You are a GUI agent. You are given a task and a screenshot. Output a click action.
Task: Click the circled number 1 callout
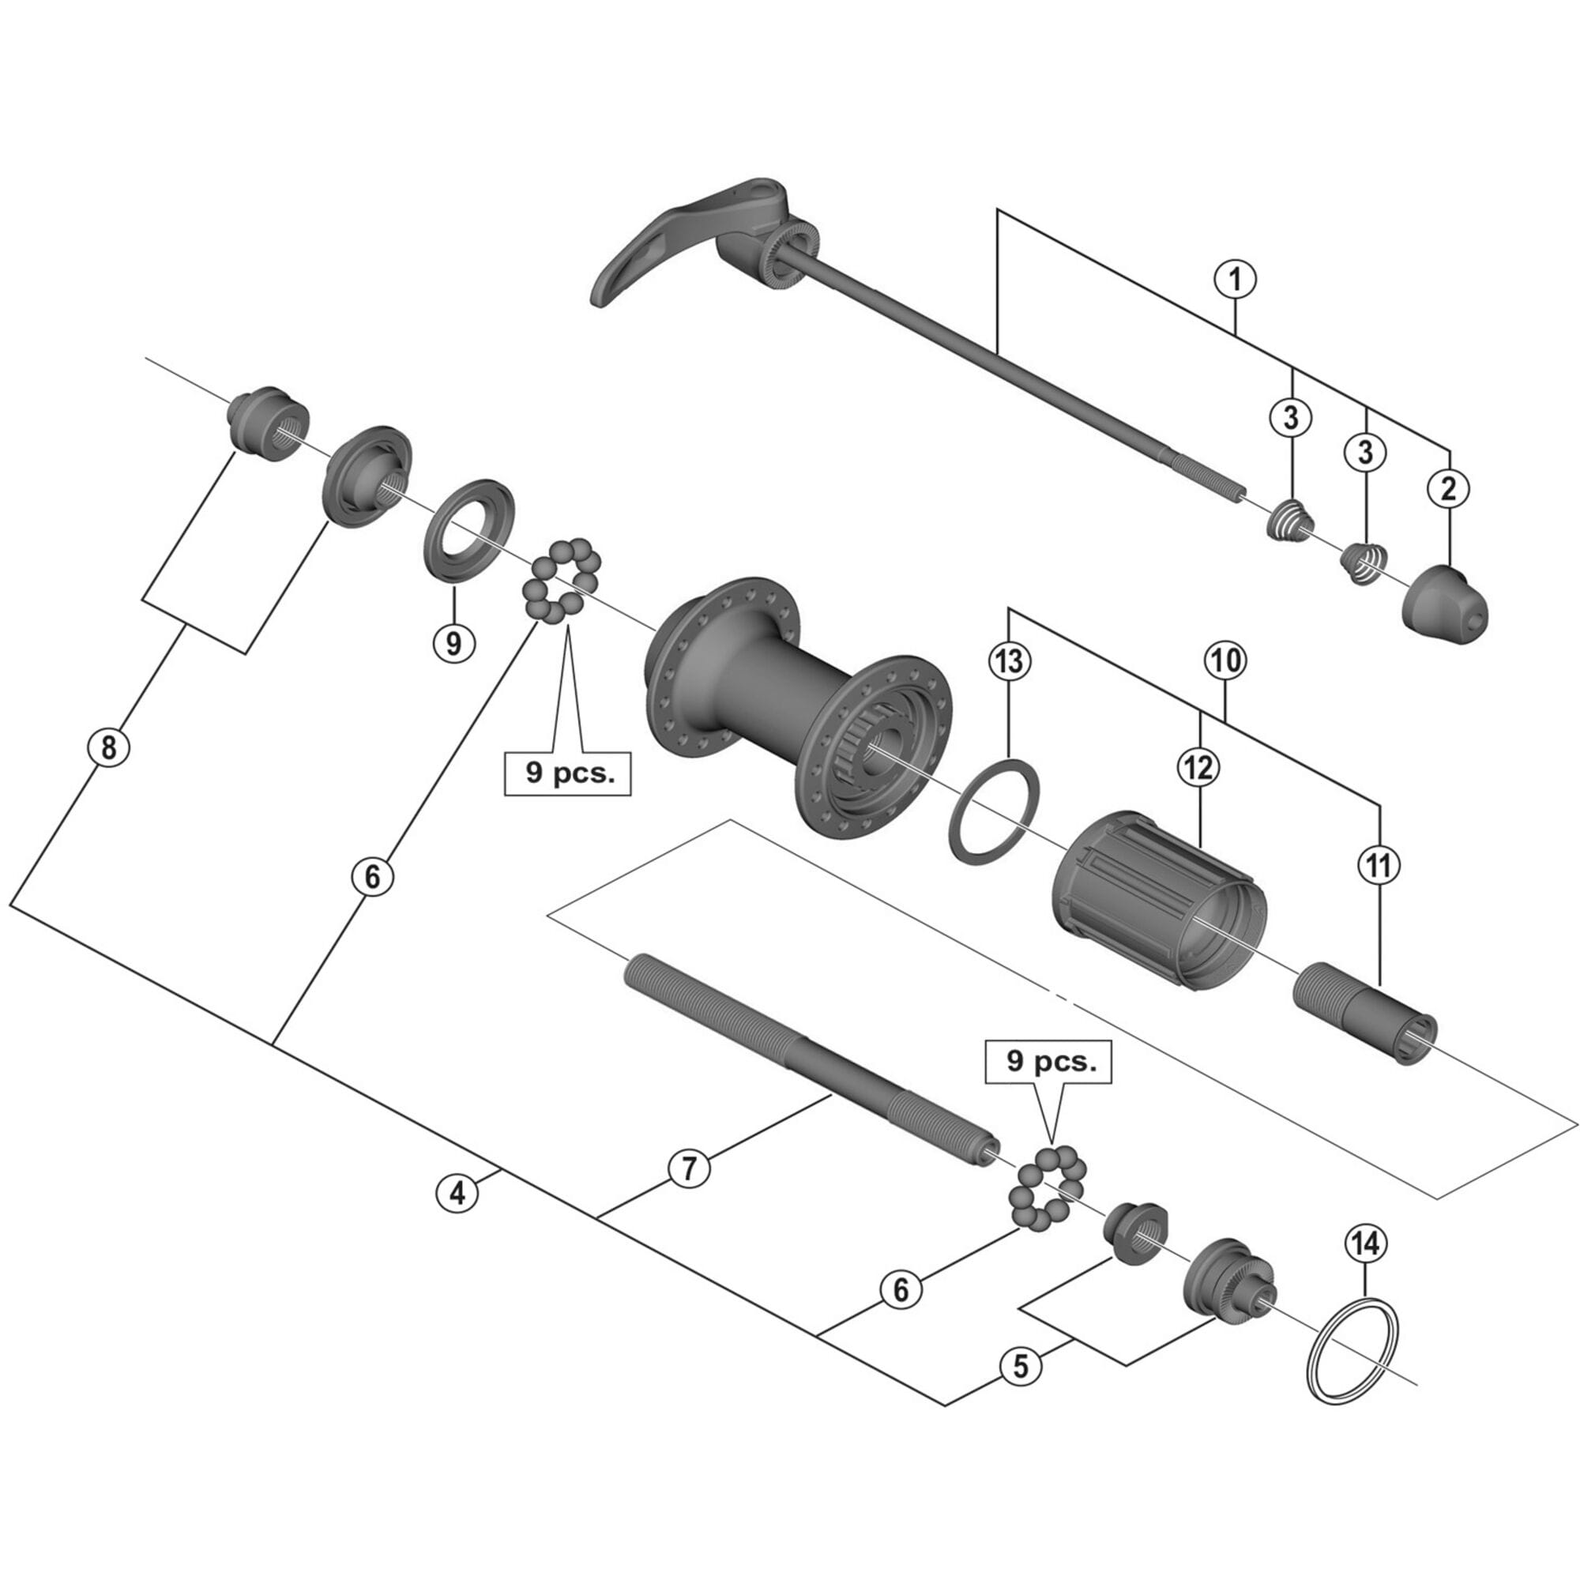pos(1235,280)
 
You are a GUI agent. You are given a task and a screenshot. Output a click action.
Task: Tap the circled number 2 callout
pos(1448,489)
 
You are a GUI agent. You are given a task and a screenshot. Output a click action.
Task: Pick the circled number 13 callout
pos(1009,660)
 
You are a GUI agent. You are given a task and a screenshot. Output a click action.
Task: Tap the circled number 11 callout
pos(1379,864)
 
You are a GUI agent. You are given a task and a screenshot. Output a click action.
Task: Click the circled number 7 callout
pos(689,1168)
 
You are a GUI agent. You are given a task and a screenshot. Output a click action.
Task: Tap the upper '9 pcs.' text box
pos(567,772)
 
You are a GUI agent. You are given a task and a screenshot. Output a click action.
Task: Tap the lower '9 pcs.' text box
pos(1050,1063)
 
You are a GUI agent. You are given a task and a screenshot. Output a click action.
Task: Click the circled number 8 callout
pos(109,747)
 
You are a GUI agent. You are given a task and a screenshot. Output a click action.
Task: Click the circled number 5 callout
pos(1021,1366)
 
